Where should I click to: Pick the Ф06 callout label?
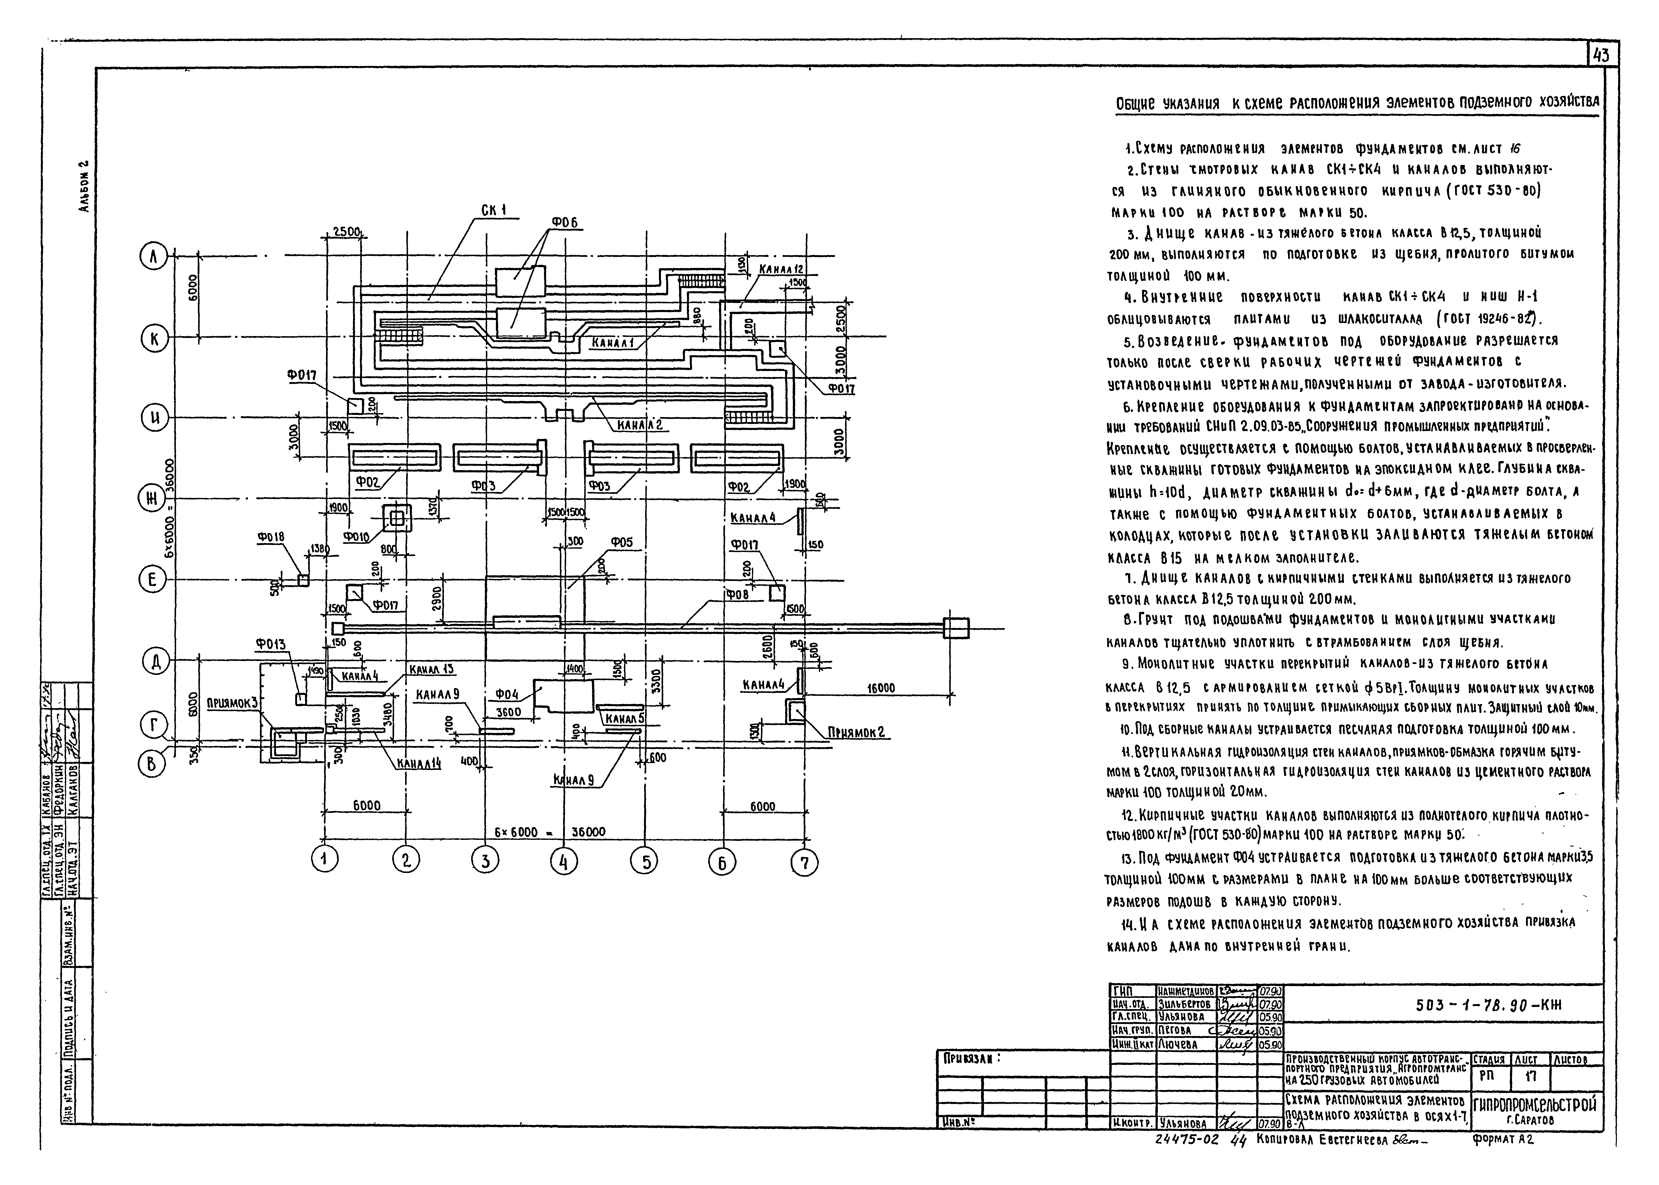(564, 222)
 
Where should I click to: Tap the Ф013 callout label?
(271, 644)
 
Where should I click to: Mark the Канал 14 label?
(419, 763)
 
